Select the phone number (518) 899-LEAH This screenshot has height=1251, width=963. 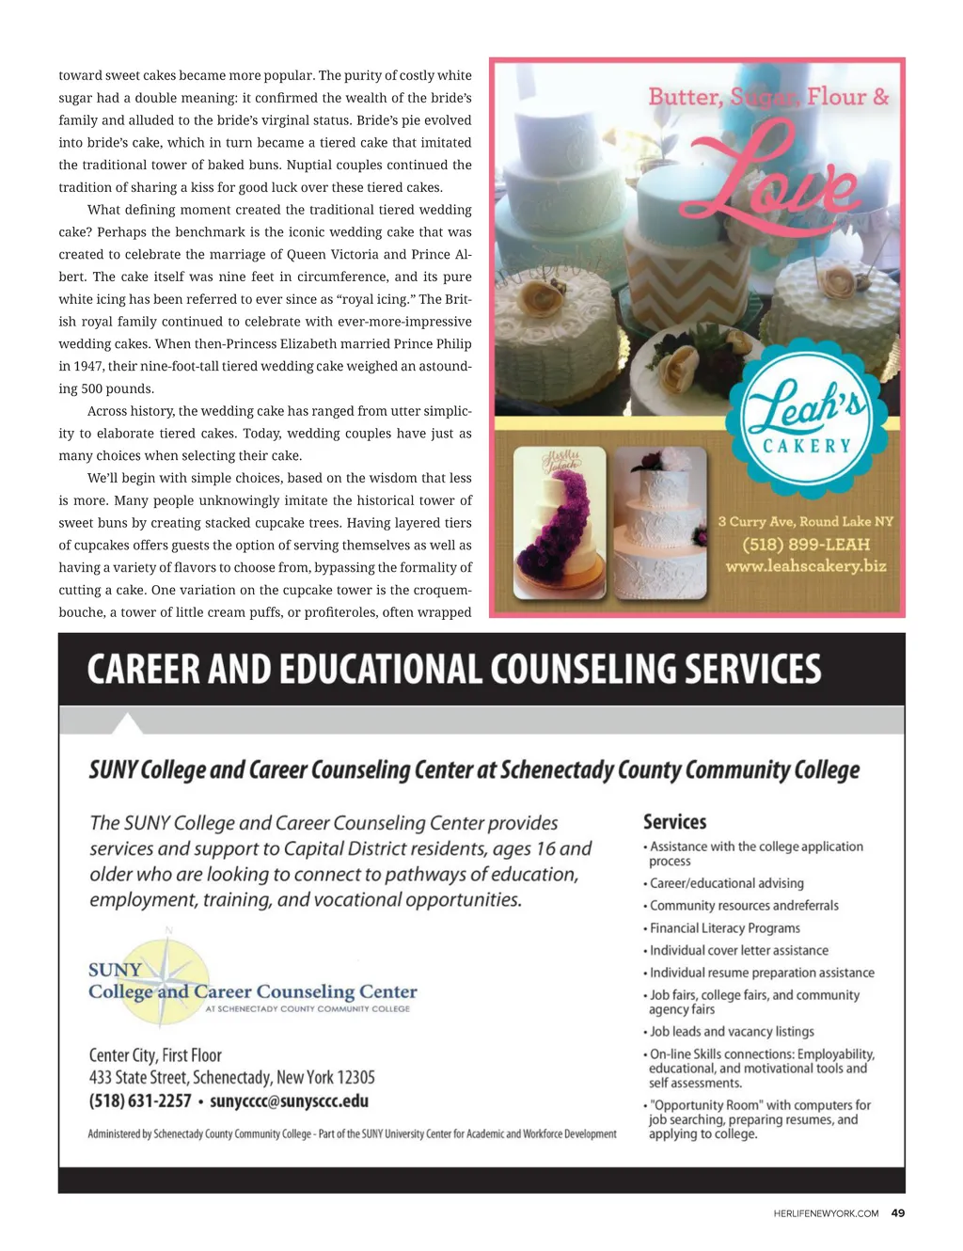pyautogui.click(x=806, y=545)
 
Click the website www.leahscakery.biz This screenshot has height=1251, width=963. pyautogui.click(x=806, y=566)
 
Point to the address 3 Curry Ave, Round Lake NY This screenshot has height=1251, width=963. pyautogui.click(x=806, y=522)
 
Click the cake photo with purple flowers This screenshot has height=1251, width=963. pyautogui.click(x=559, y=523)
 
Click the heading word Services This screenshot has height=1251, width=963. pyautogui.click(x=674, y=822)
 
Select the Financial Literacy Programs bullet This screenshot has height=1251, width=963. pyautogui.click(x=724, y=928)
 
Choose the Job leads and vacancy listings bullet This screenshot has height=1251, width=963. pyautogui.click(x=732, y=1032)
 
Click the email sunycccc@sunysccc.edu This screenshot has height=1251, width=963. pyautogui.click(x=289, y=1101)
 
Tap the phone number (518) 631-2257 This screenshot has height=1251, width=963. pyautogui.click(x=140, y=1101)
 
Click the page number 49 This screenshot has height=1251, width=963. pyautogui.click(x=898, y=1213)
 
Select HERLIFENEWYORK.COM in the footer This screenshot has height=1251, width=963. pyautogui.click(x=826, y=1213)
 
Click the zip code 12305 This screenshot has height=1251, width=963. pyautogui.click(x=356, y=1078)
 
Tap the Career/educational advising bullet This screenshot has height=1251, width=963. pyautogui.click(x=726, y=883)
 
